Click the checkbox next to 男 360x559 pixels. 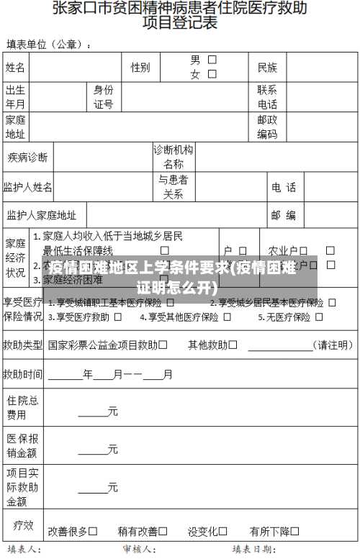coord(212,60)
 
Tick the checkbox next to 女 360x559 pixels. coord(212,73)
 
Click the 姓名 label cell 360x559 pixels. coord(16,68)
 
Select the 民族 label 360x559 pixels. coord(267,68)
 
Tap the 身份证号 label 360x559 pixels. coord(104,97)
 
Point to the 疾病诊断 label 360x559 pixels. coord(27,157)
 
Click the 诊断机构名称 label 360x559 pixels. coord(174,157)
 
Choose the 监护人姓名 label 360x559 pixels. coord(27,187)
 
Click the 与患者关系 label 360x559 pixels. coord(174,187)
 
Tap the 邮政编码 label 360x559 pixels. coord(267,127)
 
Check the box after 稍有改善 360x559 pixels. coord(163,531)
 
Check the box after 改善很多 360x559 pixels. coord(94,531)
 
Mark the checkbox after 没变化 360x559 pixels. coord(223,531)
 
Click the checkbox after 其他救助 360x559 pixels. coord(233,345)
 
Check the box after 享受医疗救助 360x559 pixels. coord(117,317)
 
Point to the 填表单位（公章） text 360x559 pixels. coord(48,45)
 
